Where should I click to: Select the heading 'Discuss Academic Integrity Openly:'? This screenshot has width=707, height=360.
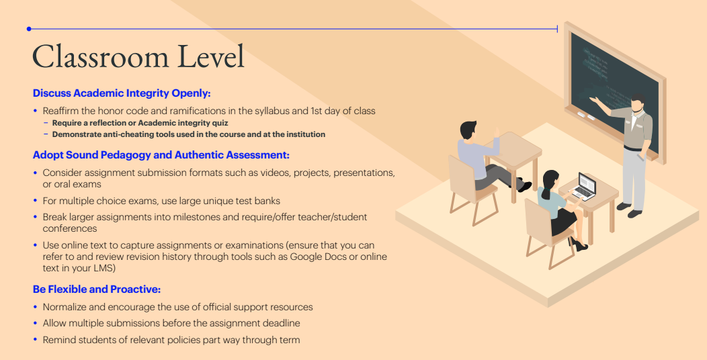[x=122, y=93]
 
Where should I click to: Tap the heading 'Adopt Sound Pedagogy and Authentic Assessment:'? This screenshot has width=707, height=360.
[x=161, y=155]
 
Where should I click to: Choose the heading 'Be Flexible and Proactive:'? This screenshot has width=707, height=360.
[x=97, y=289]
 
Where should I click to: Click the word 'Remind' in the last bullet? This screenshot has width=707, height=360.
[x=60, y=340]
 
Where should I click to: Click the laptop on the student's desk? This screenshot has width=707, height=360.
[x=585, y=186]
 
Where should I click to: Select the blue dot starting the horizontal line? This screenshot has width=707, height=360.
[x=29, y=29]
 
